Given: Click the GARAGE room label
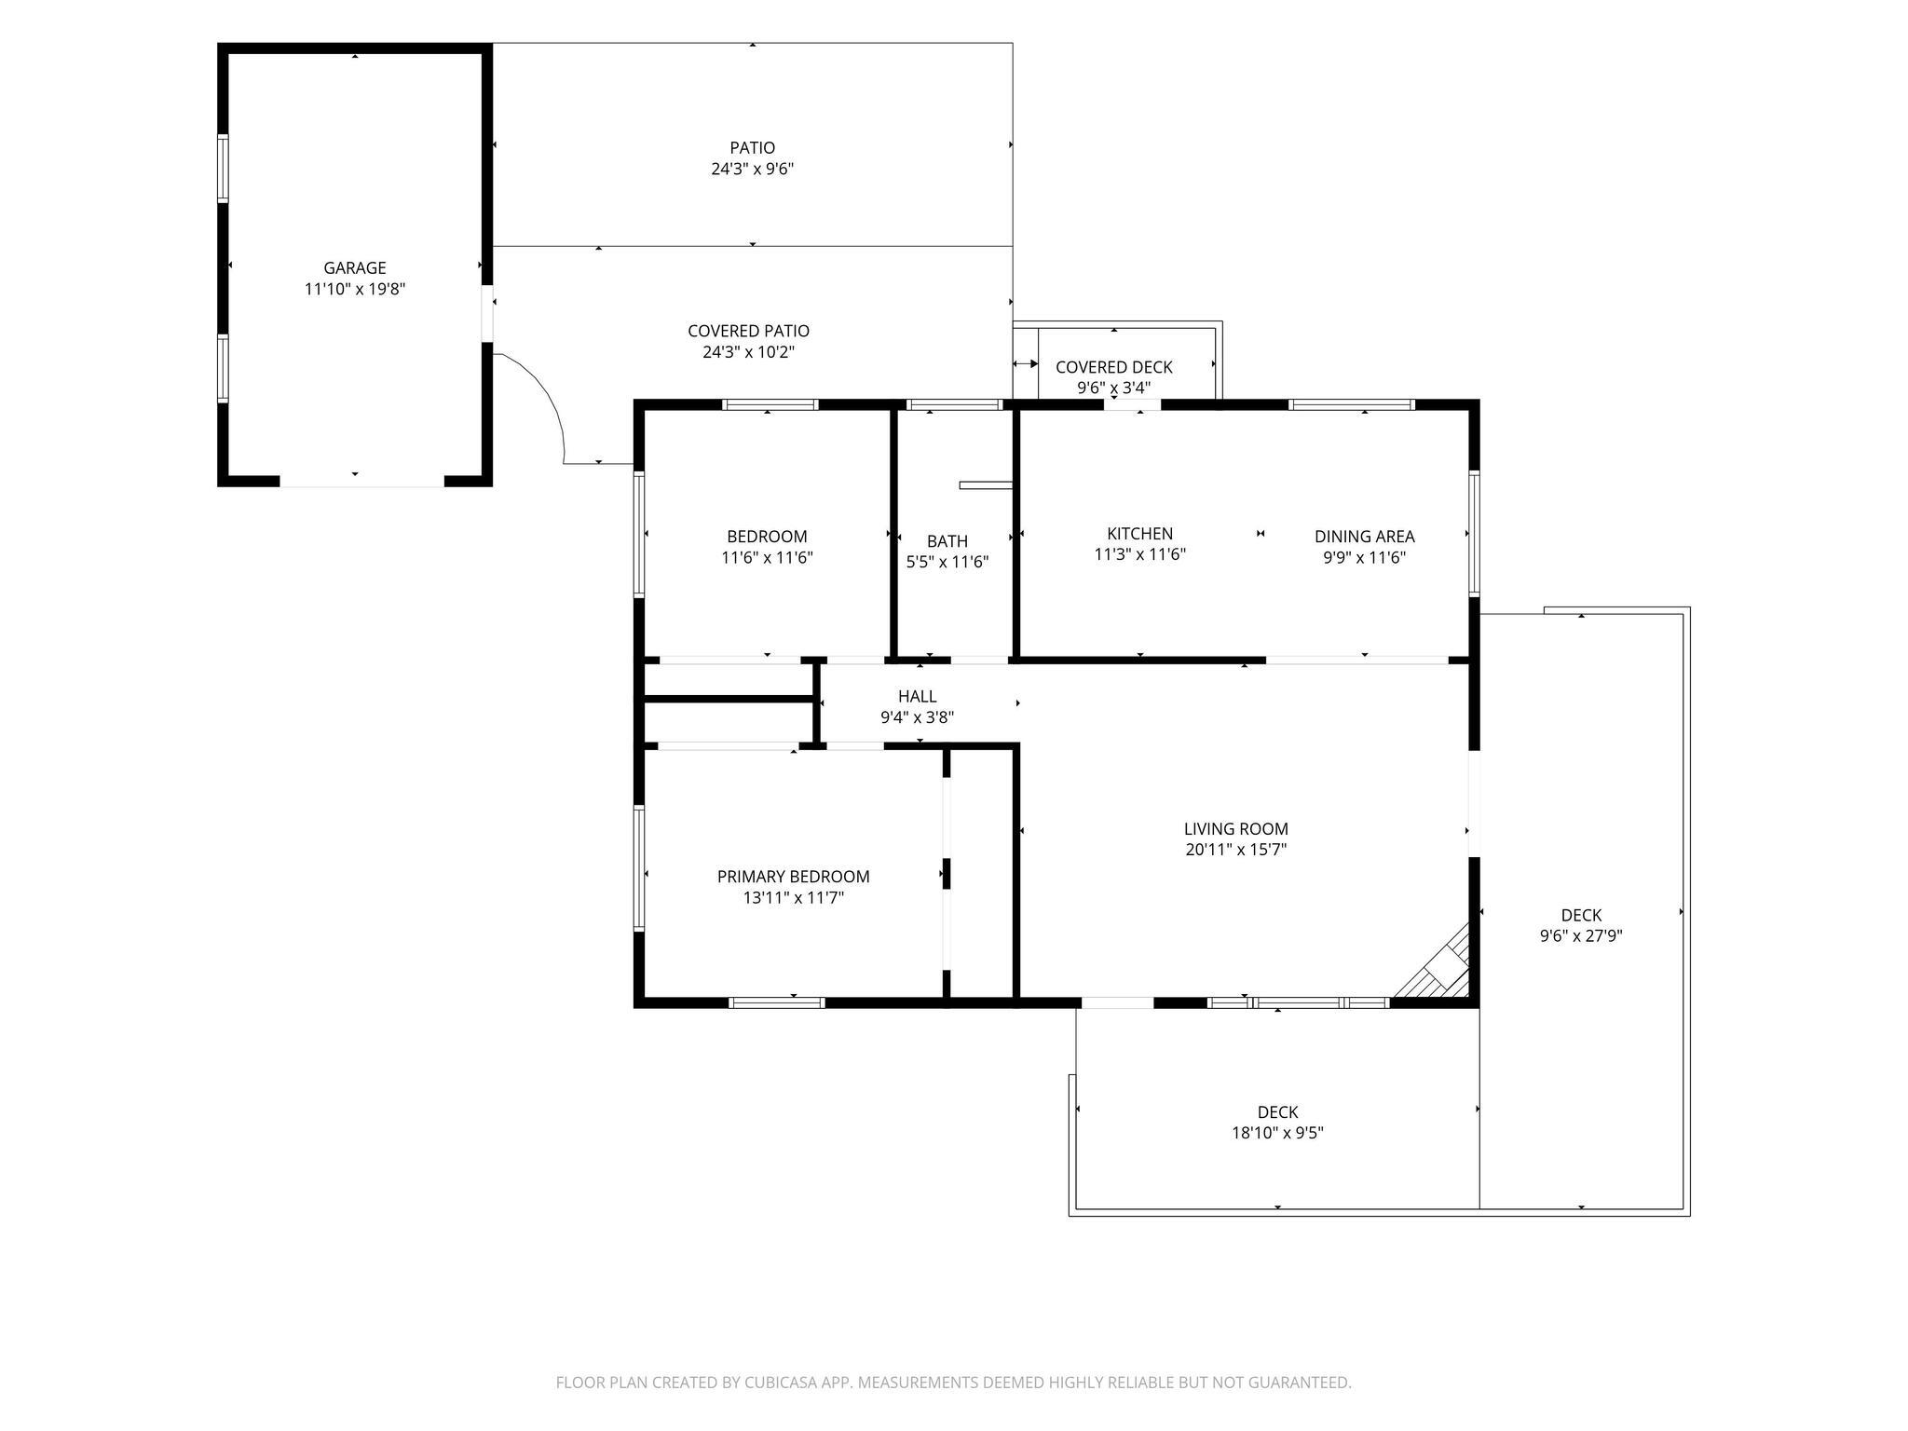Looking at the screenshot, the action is click(355, 268).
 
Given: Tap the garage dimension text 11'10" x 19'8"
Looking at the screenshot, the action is click(355, 290).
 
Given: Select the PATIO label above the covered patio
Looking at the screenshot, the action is click(753, 148).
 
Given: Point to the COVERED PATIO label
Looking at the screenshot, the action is click(749, 331).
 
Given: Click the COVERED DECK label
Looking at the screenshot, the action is click(1114, 367).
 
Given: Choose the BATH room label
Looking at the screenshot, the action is click(947, 541).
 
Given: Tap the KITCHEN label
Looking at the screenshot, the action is click(1140, 534).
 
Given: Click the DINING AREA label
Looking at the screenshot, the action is click(1365, 537).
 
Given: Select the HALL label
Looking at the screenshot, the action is click(918, 697).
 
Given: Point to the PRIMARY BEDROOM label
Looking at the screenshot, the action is click(794, 877).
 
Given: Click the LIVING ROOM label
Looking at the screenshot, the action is click(1236, 829).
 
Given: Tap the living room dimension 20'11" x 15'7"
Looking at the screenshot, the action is click(1236, 850).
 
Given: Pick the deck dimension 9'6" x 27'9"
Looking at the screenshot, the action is click(1582, 936).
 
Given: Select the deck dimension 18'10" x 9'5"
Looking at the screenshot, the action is click(1278, 1134).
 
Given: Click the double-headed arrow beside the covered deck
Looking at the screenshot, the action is click(1026, 364).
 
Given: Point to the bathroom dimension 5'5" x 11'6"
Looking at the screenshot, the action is click(947, 563).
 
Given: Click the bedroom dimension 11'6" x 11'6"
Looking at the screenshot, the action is click(768, 558).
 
